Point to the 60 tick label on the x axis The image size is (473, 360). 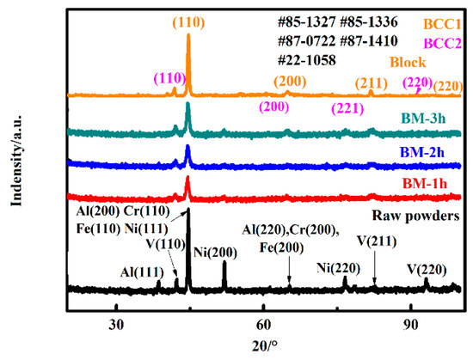point(264,324)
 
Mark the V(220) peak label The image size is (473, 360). point(427,268)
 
